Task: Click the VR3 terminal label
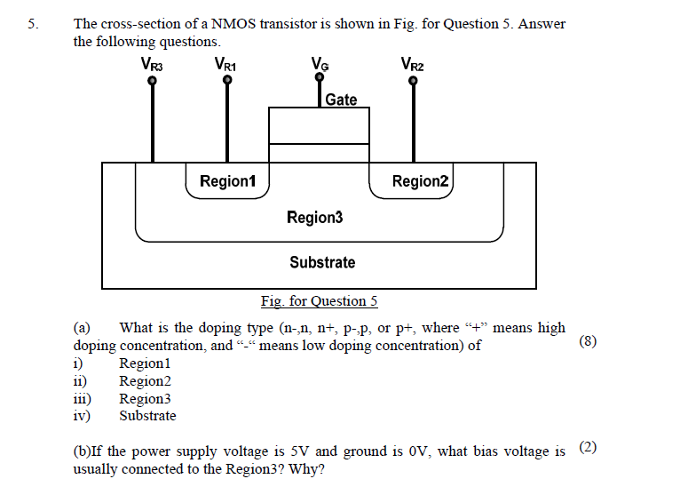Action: (152, 64)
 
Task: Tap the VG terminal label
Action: (320, 64)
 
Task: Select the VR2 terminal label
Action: (412, 64)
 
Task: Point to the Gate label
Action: (341, 100)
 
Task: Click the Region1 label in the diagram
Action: (227, 181)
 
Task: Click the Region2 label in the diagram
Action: (421, 181)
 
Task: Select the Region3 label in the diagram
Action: (314, 218)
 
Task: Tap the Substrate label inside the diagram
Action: (321, 262)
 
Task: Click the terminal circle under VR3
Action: (153, 81)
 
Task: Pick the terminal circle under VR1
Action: (227, 81)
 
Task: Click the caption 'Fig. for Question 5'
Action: (319, 301)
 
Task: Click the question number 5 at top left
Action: (33, 25)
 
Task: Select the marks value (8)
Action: (587, 341)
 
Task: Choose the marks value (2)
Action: (587, 447)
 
